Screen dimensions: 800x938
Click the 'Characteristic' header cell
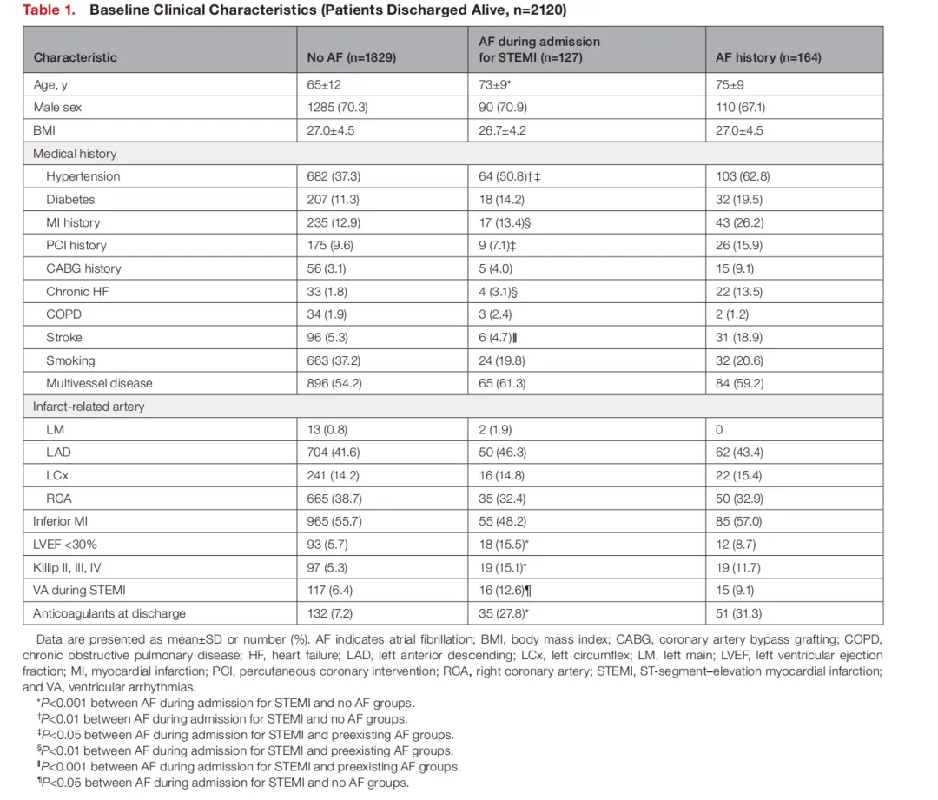point(75,58)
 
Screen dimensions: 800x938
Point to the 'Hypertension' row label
point(83,176)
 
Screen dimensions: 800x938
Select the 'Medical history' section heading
point(75,154)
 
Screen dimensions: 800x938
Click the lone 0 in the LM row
point(719,429)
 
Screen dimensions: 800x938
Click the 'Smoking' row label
point(70,360)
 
